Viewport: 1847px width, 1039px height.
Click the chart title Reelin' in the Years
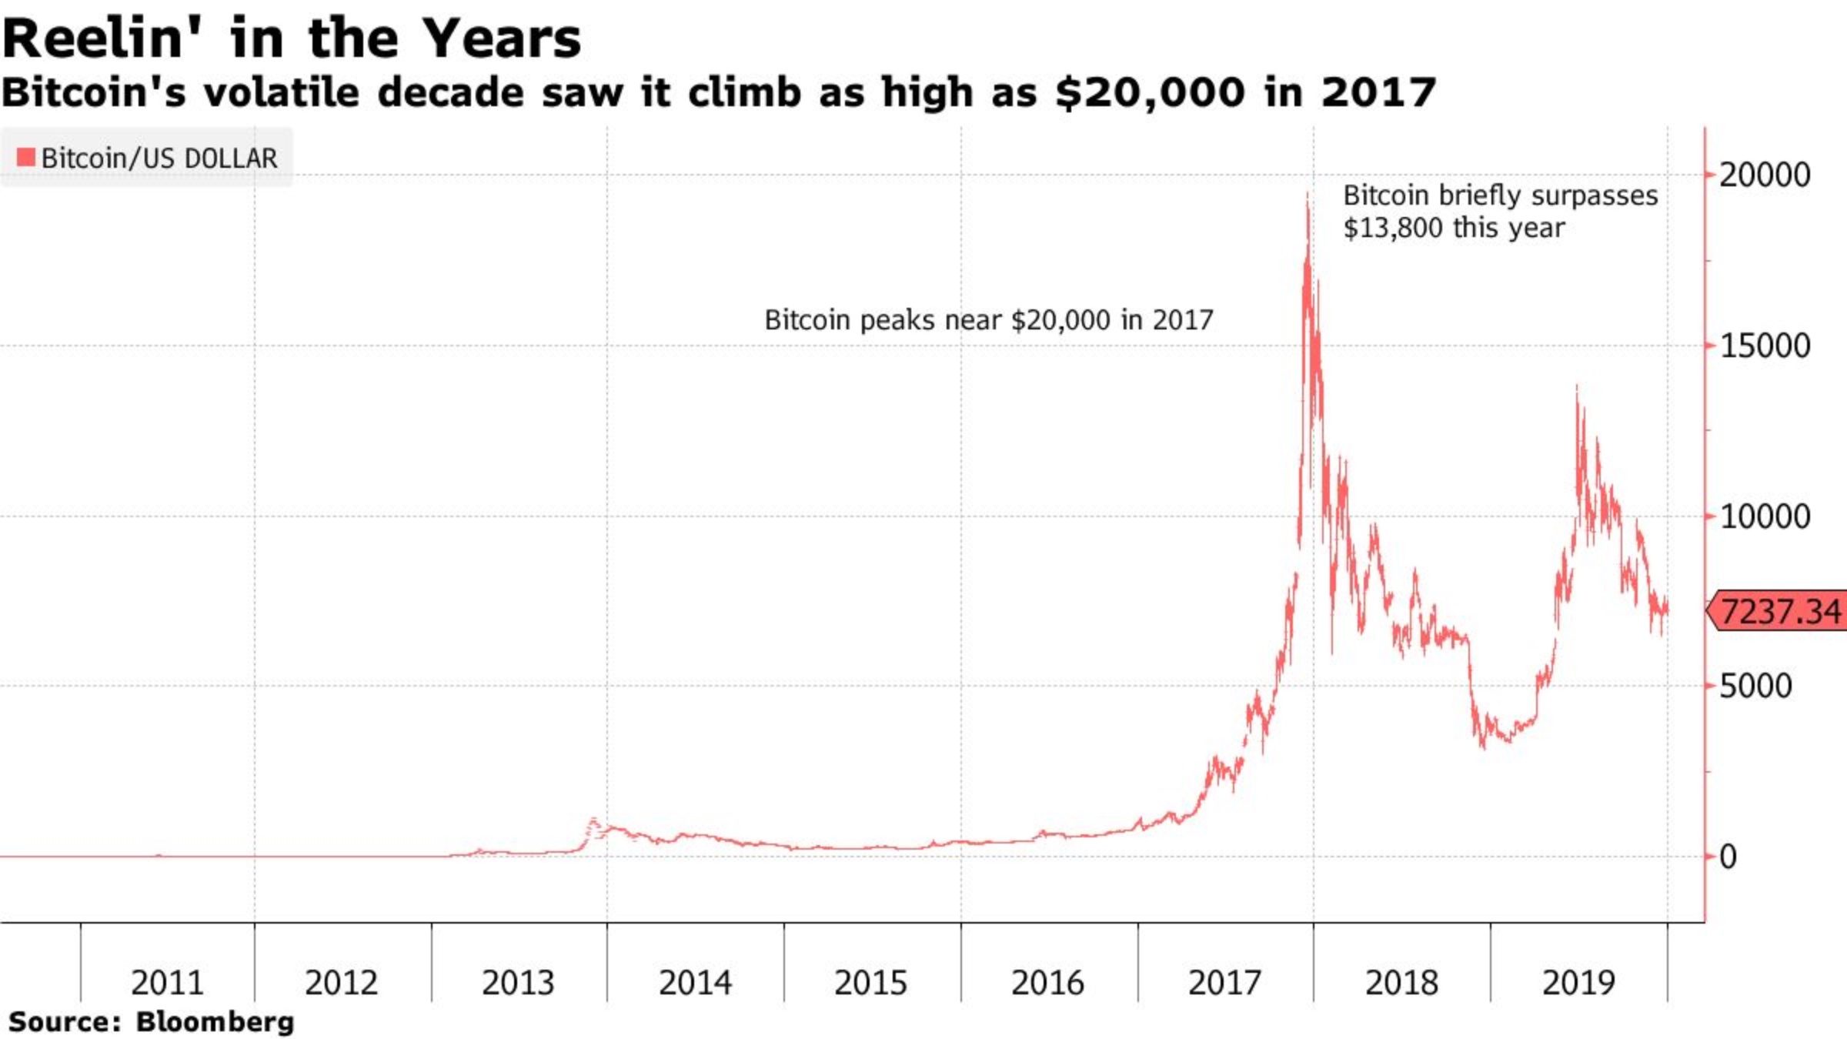tap(291, 38)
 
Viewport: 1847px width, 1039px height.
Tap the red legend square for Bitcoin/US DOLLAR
tap(26, 157)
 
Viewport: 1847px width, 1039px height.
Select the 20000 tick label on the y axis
tap(1764, 175)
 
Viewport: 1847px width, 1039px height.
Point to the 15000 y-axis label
tap(1764, 346)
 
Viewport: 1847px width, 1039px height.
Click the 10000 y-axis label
tap(1764, 516)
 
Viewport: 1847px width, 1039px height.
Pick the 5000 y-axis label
tap(1755, 687)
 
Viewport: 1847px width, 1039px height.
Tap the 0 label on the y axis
tap(1728, 857)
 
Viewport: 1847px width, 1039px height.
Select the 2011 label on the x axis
tap(167, 983)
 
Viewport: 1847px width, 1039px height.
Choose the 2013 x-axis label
tap(518, 983)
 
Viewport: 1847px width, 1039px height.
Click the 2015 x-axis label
tap(871, 983)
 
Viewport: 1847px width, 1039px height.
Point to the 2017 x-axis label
tap(1224, 983)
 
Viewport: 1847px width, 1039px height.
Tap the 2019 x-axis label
tap(1578, 983)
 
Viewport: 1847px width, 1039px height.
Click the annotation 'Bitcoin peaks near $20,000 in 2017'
tap(988, 319)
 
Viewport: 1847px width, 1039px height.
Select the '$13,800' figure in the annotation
tap(1392, 229)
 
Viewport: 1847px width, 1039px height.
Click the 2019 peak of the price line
tap(1577, 387)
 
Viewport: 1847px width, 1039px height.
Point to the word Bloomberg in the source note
tap(215, 1022)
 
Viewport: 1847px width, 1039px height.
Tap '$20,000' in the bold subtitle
tap(1150, 93)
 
